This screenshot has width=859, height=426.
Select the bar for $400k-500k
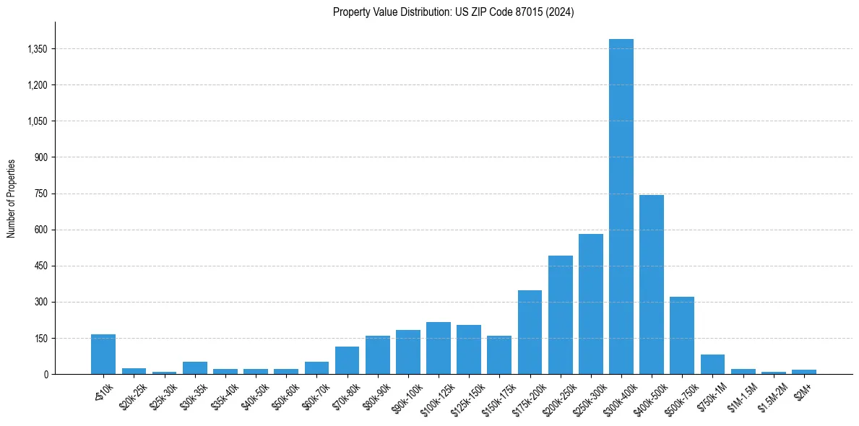click(651, 284)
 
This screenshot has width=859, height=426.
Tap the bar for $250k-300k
click(590, 304)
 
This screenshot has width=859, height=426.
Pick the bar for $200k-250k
click(560, 315)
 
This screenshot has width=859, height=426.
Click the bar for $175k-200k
click(530, 332)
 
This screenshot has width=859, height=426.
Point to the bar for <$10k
click(103, 355)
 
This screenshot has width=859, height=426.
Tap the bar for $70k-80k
click(347, 360)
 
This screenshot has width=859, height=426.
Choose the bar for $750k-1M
click(712, 365)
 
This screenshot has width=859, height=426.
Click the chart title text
click(453, 12)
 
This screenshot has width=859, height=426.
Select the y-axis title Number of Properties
click(12, 199)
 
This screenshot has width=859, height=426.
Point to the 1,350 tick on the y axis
click(36, 49)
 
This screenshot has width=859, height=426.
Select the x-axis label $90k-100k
click(406, 395)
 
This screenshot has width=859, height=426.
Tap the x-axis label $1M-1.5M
click(741, 394)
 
